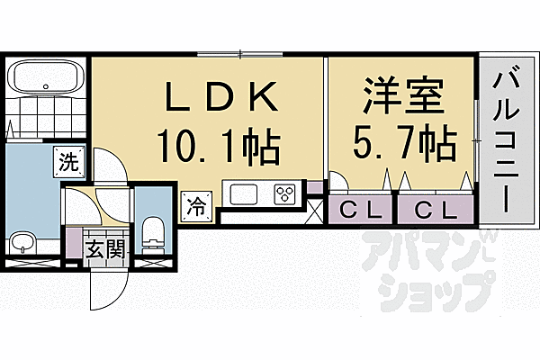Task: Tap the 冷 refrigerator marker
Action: click(195, 205)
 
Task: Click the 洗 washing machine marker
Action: click(69, 163)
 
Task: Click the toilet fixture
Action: click(154, 231)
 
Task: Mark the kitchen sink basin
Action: click(245, 193)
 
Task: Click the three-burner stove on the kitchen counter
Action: click(286, 193)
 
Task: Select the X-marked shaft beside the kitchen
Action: click(314, 213)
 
